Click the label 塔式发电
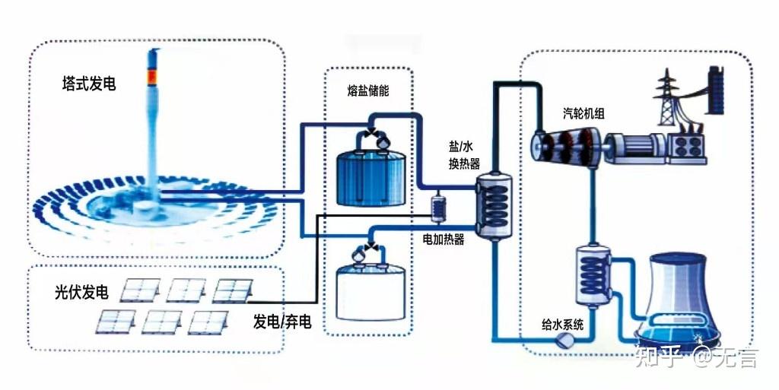(89, 84)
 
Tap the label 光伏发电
(81, 292)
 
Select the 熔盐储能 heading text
(368, 90)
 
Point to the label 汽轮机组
(583, 113)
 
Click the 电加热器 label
(444, 239)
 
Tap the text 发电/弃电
(282, 322)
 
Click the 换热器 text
(465, 163)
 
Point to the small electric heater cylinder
(438, 208)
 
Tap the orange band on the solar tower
(152, 78)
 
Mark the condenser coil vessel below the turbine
(594, 274)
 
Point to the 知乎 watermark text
(659, 357)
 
